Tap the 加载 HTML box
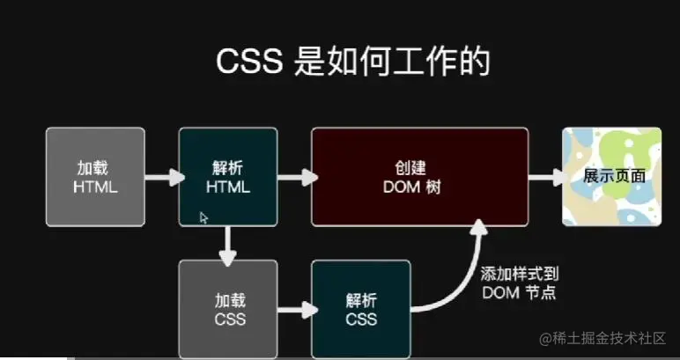(95, 177)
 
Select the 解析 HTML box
(228, 177)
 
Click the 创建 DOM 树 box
(419, 177)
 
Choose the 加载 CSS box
(228, 308)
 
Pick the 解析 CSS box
(361, 308)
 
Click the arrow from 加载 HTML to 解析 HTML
(162, 178)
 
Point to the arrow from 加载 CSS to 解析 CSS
(295, 309)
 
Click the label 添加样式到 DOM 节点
(520, 283)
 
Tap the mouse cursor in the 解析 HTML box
(203, 217)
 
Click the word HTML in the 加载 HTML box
(95, 187)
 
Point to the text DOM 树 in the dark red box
(419, 187)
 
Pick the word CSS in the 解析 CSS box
(361, 319)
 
